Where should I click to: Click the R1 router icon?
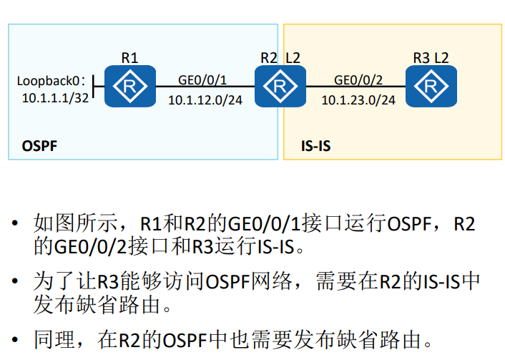point(130,86)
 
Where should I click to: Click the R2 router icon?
point(280,86)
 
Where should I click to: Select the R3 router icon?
point(431,86)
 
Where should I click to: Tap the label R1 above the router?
point(129,57)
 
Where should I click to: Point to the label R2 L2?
point(280,57)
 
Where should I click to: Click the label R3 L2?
point(431,57)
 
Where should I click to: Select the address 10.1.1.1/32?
point(55,97)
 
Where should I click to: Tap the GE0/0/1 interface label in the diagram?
point(202,79)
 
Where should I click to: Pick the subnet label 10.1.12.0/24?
point(205,100)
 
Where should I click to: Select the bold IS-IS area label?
point(316,147)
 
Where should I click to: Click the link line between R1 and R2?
point(205,88)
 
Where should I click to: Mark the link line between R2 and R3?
point(356,88)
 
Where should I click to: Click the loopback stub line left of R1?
point(99,88)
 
